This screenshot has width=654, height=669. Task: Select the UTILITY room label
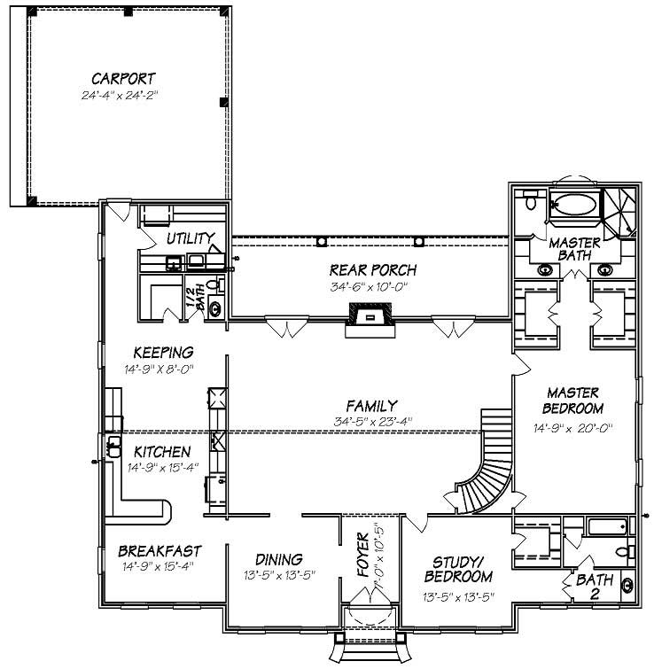[x=190, y=238]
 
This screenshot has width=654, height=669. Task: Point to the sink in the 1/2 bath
[x=214, y=308]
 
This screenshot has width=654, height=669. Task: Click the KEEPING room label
[x=163, y=352]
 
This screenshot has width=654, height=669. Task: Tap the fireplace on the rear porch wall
[x=368, y=315]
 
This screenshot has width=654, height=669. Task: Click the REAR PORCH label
[x=372, y=270]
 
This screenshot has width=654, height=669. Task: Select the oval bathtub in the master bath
[x=572, y=207]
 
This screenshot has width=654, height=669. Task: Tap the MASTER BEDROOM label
[x=574, y=400]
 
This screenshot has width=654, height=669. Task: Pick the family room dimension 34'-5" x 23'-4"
[x=372, y=421]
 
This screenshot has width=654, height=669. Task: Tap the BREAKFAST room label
[x=160, y=550]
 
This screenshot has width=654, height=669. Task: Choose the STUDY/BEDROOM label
[x=457, y=570]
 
